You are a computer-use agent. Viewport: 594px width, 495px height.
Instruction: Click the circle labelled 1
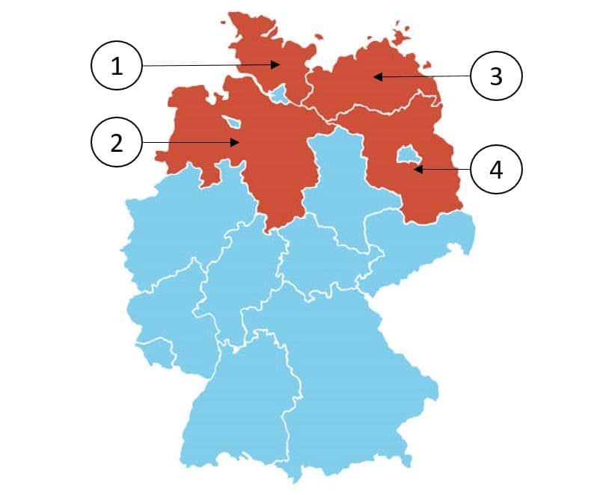(116, 67)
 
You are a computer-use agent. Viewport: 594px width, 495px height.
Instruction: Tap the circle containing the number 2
(116, 142)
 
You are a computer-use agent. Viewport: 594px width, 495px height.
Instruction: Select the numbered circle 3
(496, 76)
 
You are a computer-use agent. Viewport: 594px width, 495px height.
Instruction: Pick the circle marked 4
(496, 170)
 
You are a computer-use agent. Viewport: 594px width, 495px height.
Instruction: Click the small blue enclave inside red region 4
(407, 154)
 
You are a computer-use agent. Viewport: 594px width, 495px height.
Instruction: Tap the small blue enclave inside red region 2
(233, 122)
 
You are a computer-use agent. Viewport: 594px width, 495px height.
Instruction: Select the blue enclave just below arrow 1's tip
(279, 94)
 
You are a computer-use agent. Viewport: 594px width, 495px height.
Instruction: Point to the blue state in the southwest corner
(239, 404)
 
